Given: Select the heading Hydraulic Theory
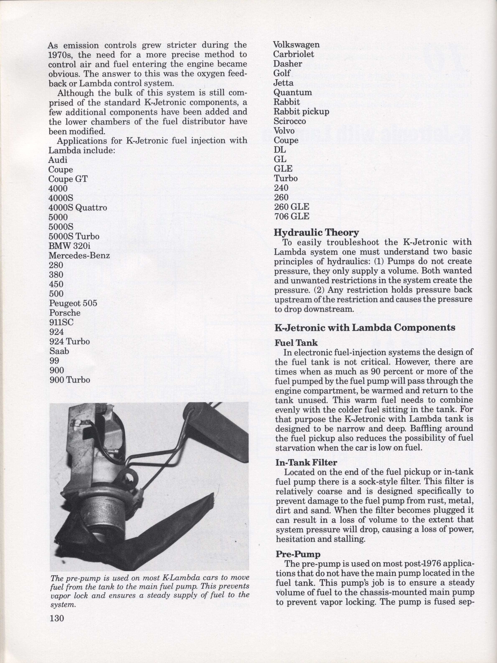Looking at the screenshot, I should [x=316, y=233].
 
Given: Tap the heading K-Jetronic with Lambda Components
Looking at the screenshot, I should [x=365, y=327].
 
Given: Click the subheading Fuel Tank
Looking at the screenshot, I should [x=296, y=343].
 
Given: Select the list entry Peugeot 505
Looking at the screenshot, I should [x=73, y=303].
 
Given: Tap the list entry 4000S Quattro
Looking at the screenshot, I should [x=78, y=207].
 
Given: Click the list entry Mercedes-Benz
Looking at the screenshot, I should [x=79, y=255].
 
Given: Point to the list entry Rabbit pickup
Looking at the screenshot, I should [x=301, y=112].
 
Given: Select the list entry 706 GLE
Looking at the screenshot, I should [x=292, y=216].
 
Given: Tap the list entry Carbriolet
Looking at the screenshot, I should [x=293, y=54].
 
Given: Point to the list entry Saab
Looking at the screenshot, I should [x=59, y=351].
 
